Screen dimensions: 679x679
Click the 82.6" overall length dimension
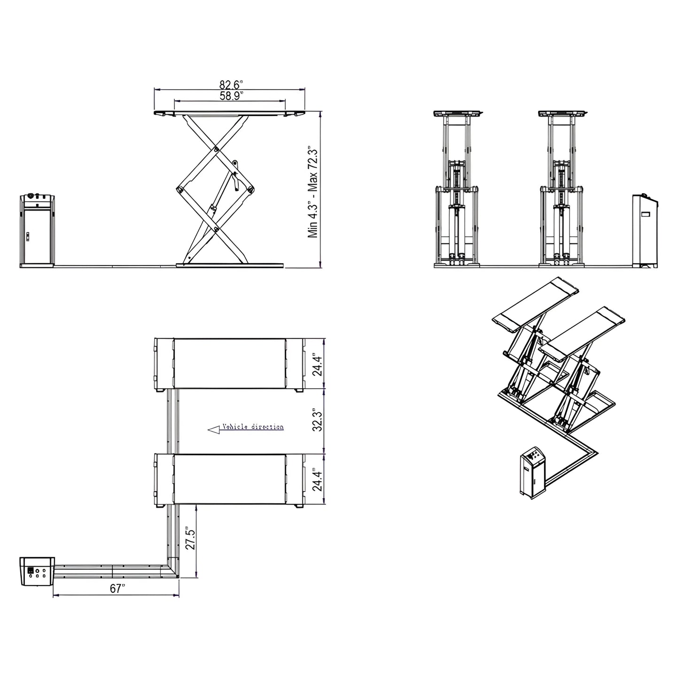pos(230,85)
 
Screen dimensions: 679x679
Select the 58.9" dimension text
pos(230,96)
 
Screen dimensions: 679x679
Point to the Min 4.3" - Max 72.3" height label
pos(313,193)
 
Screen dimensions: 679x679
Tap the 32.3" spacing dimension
pos(318,421)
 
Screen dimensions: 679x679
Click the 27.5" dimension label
pos(189,540)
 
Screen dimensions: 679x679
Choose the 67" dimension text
pos(118,589)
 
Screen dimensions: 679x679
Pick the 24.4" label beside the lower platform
pos(318,480)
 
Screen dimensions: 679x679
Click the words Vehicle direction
pos(253,427)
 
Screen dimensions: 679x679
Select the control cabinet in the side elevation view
pos(38,230)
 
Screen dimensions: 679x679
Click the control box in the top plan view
pos(37,571)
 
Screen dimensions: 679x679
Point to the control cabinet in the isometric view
pos(532,473)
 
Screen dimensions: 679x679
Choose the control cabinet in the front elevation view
pos(645,230)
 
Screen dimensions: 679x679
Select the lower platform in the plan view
pos(230,479)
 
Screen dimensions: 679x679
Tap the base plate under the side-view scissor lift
pos(230,265)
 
